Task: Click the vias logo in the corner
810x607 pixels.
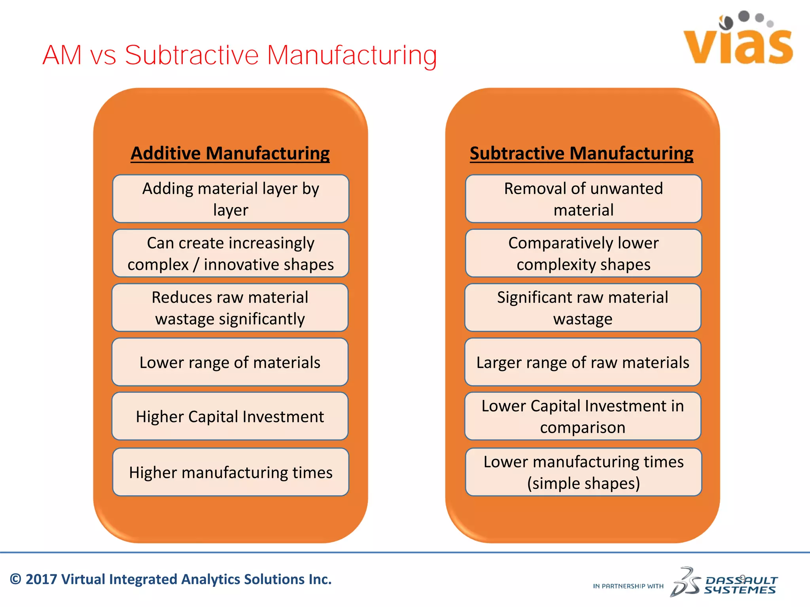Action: pyautogui.click(x=738, y=40)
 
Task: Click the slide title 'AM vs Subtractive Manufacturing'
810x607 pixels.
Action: pyautogui.click(x=240, y=55)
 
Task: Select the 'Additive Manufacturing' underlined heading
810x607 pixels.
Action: pyautogui.click(x=230, y=153)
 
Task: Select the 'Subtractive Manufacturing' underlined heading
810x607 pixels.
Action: pyautogui.click(x=581, y=153)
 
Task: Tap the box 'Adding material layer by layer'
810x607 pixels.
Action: pyautogui.click(x=231, y=199)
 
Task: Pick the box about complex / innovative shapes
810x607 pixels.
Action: pyautogui.click(x=231, y=253)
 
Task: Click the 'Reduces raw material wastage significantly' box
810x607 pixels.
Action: pyautogui.click(x=230, y=307)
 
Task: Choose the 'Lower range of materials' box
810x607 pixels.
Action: pyautogui.click(x=230, y=362)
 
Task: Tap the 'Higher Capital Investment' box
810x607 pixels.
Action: pyautogui.click(x=230, y=416)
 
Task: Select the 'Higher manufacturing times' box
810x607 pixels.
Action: pyautogui.click(x=231, y=472)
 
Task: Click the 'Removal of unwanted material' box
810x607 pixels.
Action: pyautogui.click(x=583, y=199)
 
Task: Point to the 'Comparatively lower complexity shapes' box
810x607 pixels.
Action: pyautogui.click(x=583, y=253)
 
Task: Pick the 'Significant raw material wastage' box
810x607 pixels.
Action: pyautogui.click(x=583, y=307)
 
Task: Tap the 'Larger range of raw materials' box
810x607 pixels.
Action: pyautogui.click(x=583, y=362)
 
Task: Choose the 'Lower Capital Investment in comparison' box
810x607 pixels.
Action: pyautogui.click(x=583, y=416)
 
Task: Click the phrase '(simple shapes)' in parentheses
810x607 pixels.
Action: pyautogui.click(x=583, y=483)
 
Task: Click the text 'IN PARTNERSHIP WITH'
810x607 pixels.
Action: pyautogui.click(x=628, y=586)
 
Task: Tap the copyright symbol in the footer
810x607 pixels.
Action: pyautogui.click(x=15, y=579)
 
